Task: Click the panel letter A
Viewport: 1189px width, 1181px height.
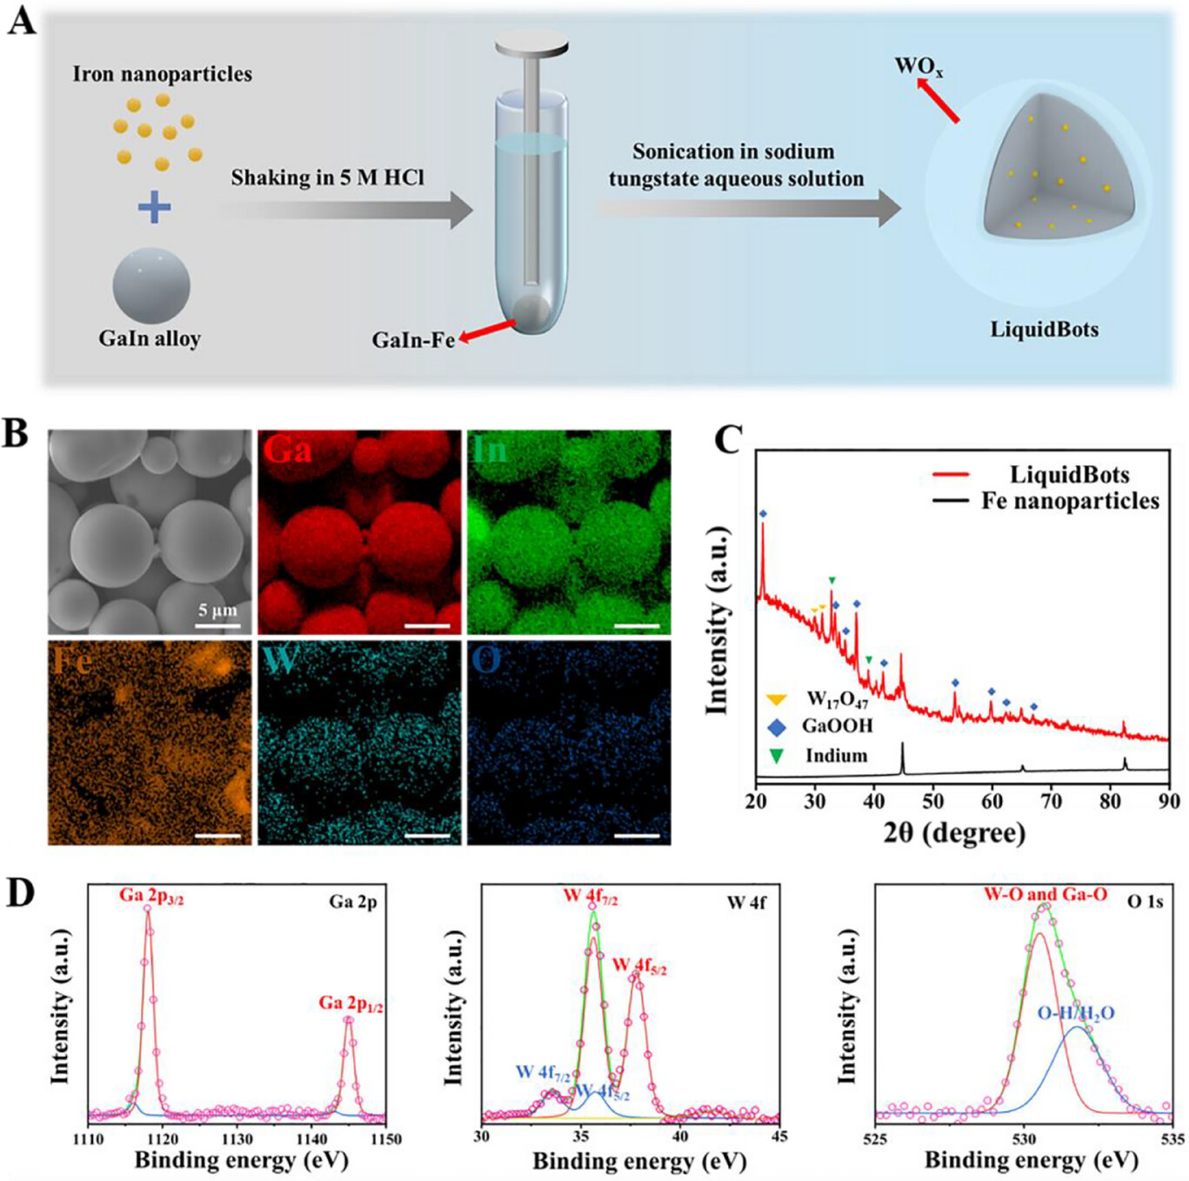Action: tap(23, 19)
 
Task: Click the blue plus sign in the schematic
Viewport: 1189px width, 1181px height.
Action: tap(154, 207)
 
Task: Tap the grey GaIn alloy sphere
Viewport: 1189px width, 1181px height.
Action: tap(151, 284)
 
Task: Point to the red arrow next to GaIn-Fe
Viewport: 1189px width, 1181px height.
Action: tap(488, 330)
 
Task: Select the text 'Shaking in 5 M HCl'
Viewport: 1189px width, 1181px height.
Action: tap(327, 177)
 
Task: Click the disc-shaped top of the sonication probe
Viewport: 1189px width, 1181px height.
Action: tap(531, 43)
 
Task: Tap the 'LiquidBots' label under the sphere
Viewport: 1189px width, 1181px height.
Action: tap(1044, 330)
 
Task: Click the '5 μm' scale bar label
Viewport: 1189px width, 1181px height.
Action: tap(217, 610)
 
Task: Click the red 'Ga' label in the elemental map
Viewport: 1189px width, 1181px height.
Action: tap(288, 450)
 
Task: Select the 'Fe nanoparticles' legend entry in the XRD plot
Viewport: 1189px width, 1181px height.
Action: tap(1070, 501)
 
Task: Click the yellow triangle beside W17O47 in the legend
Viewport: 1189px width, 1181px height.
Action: tap(776, 699)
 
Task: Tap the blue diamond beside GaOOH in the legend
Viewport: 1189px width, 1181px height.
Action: tap(776, 727)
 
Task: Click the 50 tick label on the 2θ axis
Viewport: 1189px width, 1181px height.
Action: tap(932, 800)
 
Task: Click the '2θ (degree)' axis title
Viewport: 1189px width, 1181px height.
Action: tap(954, 832)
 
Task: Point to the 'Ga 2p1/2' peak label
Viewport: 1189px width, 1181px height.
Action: tap(351, 1003)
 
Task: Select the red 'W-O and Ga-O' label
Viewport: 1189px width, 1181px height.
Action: tap(1045, 894)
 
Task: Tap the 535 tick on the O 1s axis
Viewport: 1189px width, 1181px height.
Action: tap(1172, 1138)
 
